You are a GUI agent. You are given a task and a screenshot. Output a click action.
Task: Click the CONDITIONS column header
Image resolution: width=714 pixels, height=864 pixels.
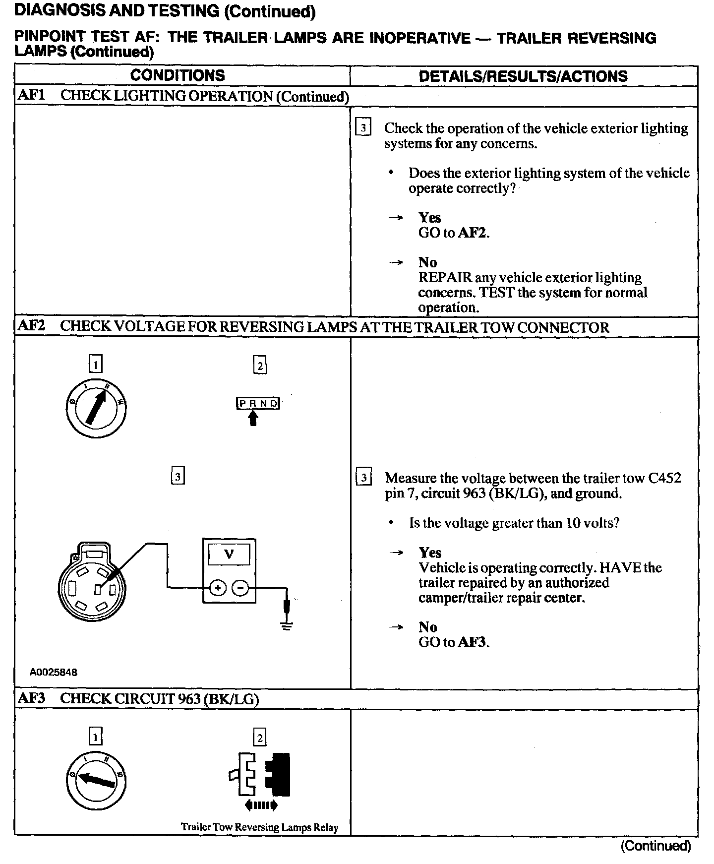pos(178,76)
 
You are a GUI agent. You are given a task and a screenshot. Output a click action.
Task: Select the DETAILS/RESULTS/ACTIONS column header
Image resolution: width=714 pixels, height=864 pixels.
pos(523,76)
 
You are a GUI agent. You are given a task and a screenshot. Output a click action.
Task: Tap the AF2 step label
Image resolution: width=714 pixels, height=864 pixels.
pos(31,326)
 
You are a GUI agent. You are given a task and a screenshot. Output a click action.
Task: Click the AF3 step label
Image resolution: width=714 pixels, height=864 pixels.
pos(31,698)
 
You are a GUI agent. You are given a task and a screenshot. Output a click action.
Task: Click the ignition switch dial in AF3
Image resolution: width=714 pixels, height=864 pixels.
pos(96,779)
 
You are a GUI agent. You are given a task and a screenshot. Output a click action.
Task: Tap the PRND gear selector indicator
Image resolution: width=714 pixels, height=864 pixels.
pos(258,403)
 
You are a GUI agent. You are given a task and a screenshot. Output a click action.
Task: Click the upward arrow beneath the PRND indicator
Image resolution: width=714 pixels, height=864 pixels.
pos(253,420)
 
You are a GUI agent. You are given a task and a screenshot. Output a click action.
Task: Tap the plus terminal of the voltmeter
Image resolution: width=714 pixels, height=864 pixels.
pos(217,588)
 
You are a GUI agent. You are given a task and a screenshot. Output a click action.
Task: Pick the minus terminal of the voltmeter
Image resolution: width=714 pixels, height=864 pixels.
pos(240,588)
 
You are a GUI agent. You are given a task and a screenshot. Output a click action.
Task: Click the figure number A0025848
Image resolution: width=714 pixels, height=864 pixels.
pos(54,673)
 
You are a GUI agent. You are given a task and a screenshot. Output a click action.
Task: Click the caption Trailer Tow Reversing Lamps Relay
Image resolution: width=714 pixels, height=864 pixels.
pos(259,827)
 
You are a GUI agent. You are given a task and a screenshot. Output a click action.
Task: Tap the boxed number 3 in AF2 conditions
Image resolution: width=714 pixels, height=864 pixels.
pos(178,477)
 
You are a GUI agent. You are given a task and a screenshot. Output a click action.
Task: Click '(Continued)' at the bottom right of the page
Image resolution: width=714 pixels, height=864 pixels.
pos(655,846)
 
